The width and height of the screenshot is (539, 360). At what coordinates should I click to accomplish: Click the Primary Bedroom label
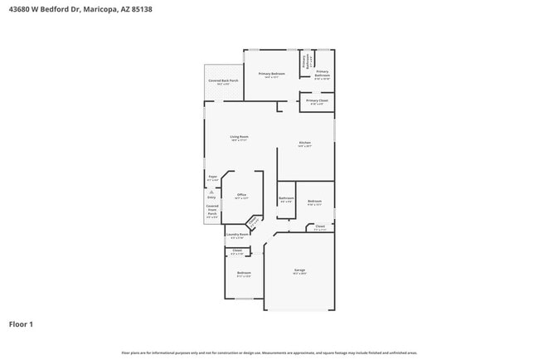(x=271, y=74)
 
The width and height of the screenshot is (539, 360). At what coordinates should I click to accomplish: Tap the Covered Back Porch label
(x=223, y=81)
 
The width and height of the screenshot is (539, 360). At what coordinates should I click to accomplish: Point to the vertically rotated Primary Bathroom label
(x=307, y=60)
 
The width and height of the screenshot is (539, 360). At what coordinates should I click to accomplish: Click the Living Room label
(x=239, y=137)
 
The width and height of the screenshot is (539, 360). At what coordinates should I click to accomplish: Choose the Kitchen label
(x=305, y=144)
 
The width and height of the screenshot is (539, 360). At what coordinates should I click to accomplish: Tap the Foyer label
(x=212, y=177)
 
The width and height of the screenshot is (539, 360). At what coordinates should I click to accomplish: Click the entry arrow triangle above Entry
(x=211, y=192)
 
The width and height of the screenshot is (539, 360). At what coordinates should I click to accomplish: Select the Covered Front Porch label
(x=212, y=211)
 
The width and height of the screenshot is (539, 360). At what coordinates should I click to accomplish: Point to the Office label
(x=241, y=195)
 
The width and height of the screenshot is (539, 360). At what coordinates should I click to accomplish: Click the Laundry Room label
(x=237, y=234)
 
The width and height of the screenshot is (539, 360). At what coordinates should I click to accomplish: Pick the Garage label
(x=299, y=270)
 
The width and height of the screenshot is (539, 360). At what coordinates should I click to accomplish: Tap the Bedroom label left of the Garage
(x=244, y=273)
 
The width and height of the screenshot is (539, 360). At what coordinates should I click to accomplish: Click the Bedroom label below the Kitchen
(x=314, y=201)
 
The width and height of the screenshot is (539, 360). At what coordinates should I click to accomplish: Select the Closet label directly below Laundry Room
(x=236, y=250)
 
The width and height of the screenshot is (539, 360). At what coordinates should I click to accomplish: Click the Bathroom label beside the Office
(x=286, y=198)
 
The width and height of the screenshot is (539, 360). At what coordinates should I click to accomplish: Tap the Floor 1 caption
(x=22, y=324)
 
